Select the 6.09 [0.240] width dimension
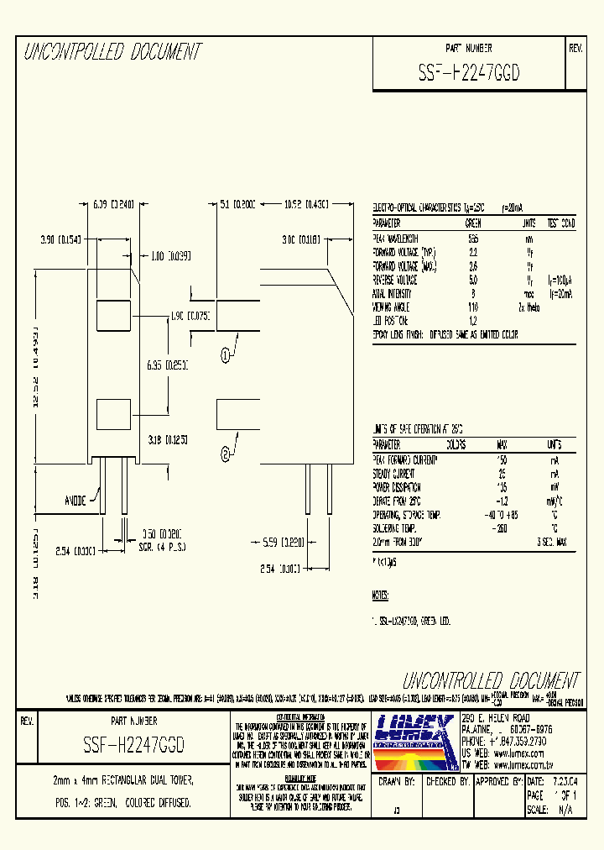click(x=113, y=203)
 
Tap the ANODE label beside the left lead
click(x=75, y=501)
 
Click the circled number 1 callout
click(x=226, y=354)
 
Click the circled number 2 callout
click(x=226, y=455)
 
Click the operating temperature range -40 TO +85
click(x=502, y=515)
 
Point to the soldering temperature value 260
click(x=502, y=529)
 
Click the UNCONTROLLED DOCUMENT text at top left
click(x=112, y=53)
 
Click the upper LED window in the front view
click(x=111, y=316)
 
